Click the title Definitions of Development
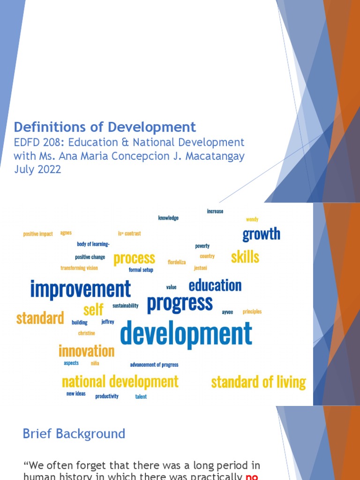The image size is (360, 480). point(105,127)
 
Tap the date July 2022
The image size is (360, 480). point(37,169)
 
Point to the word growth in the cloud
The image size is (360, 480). point(261,234)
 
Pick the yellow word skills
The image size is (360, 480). point(245,257)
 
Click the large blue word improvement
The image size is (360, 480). point(81,289)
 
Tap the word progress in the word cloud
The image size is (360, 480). point(180,303)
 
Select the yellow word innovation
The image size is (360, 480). point(86,351)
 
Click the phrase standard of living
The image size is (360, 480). point(258,382)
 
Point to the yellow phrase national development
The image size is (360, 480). point(120,382)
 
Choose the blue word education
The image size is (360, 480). point(215,285)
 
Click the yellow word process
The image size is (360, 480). point(134,258)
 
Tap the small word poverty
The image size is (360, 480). point(202,246)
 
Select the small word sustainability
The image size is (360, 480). point(126,306)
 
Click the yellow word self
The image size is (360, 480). point(93,310)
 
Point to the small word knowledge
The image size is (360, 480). point(168,218)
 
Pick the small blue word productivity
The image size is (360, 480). point(107,396)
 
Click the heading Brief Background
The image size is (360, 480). point(74,434)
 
